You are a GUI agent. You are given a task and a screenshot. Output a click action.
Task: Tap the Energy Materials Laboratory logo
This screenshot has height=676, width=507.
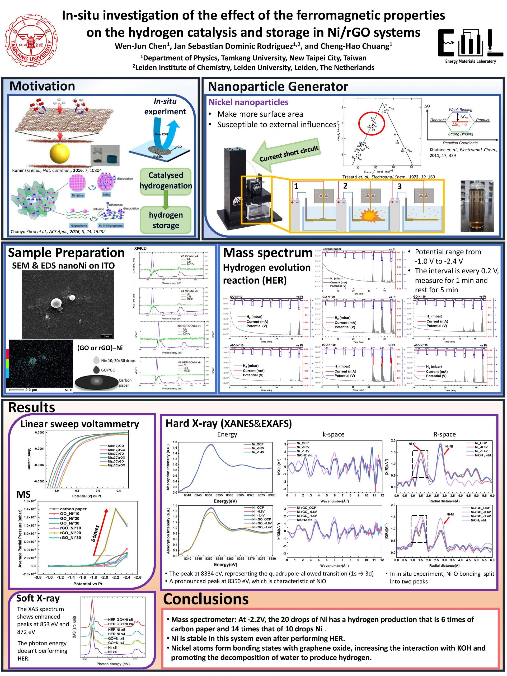(470, 46)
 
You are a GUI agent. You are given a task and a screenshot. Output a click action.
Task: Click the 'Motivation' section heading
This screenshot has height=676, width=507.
(42, 86)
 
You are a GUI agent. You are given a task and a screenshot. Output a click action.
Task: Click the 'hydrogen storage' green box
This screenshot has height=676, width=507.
(166, 220)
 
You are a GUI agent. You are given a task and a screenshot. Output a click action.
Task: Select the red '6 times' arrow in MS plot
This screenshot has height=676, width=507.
(100, 532)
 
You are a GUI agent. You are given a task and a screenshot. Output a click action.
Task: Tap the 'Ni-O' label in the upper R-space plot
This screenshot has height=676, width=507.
(412, 444)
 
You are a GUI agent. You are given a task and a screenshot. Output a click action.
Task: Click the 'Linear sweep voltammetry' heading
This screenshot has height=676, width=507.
(79, 424)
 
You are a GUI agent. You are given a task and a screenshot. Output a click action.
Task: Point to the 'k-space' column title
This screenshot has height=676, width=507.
(334, 434)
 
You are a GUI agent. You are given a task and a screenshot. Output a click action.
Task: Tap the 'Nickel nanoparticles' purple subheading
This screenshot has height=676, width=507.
(248, 102)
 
